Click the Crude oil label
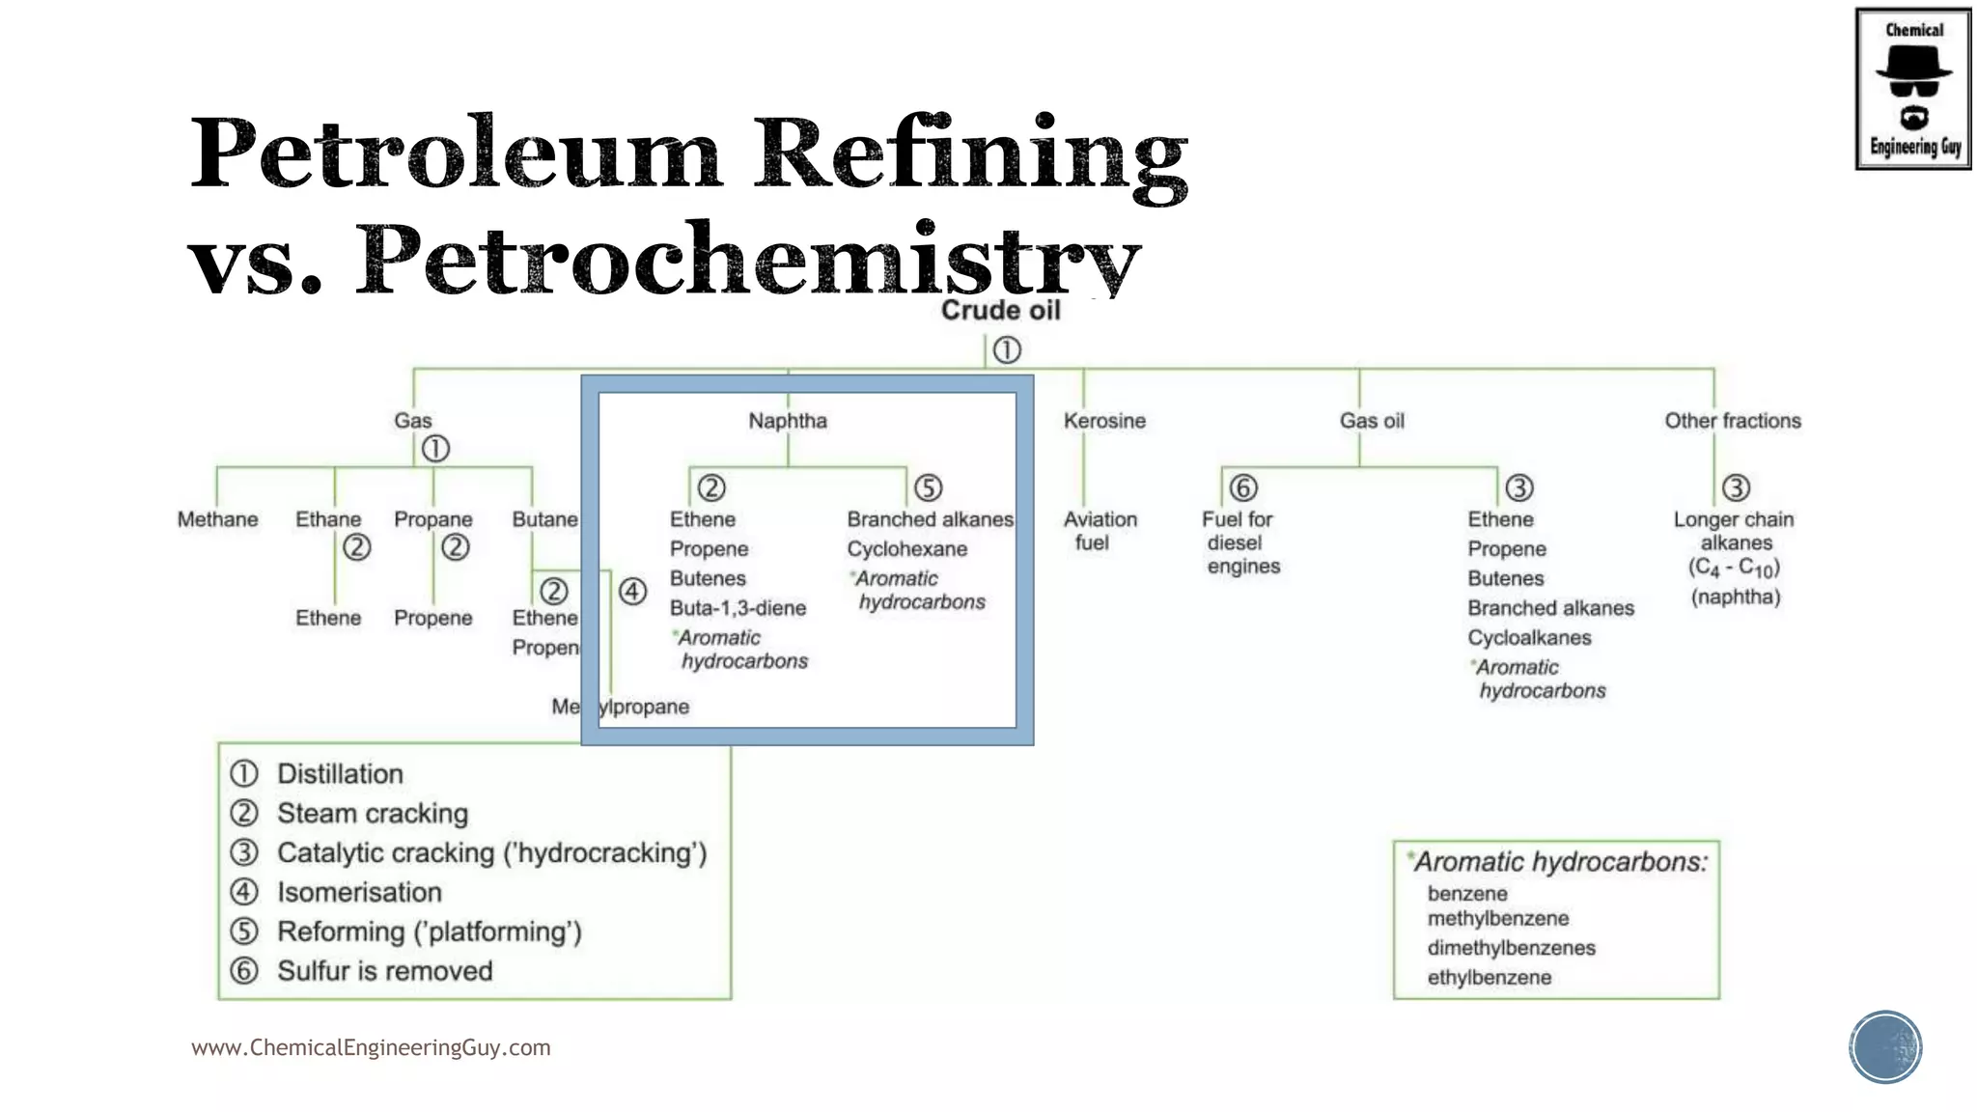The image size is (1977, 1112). coord(1000,311)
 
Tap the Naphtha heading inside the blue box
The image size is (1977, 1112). coord(788,421)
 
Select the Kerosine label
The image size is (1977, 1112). coord(1104,421)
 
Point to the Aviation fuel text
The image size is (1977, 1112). coord(1100,531)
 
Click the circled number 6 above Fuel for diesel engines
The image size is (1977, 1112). coord(1243,488)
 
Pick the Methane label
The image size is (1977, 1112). coord(217,519)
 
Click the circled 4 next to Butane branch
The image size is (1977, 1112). coord(632,591)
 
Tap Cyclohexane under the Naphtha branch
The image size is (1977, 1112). coord(906,549)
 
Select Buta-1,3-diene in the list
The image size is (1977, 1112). coord(738,608)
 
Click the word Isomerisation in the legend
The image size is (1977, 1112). coord(359,892)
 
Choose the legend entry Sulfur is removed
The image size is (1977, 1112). coord(384,971)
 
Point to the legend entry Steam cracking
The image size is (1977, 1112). coord(373,814)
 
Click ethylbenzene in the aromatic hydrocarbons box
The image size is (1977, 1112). coord(1489,978)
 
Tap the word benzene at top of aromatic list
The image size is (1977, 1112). coord(1466,894)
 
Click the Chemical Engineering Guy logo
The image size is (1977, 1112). coord(1913,89)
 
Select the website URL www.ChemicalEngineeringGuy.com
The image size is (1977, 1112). coord(371,1048)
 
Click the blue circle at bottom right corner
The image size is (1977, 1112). coord(1885,1047)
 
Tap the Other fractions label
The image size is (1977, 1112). coord(1732,421)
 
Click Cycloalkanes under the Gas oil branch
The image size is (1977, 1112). coord(1529,638)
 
